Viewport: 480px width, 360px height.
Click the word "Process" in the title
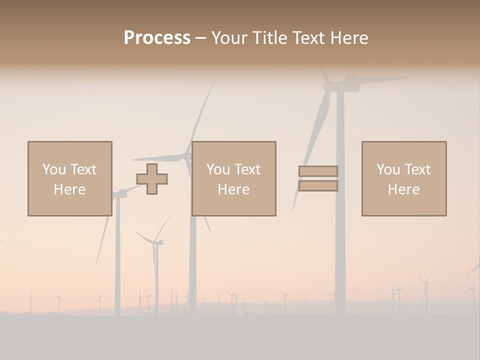(x=157, y=38)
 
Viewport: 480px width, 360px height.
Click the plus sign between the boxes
(x=152, y=179)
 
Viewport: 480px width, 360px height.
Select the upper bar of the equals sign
(x=318, y=171)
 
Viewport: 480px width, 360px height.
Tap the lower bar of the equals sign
(x=318, y=186)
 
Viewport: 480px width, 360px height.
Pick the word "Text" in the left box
(x=82, y=169)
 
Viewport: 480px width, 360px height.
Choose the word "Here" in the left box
(x=69, y=189)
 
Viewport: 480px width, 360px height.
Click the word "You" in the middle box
(x=218, y=169)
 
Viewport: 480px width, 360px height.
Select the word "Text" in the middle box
(x=246, y=169)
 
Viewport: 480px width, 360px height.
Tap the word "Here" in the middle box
(x=233, y=189)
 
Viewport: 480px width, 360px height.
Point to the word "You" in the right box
(x=388, y=169)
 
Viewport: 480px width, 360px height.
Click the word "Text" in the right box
(x=416, y=169)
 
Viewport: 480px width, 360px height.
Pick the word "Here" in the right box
(x=403, y=189)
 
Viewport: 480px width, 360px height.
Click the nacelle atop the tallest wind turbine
(x=342, y=84)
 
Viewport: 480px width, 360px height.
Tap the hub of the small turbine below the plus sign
(x=155, y=243)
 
